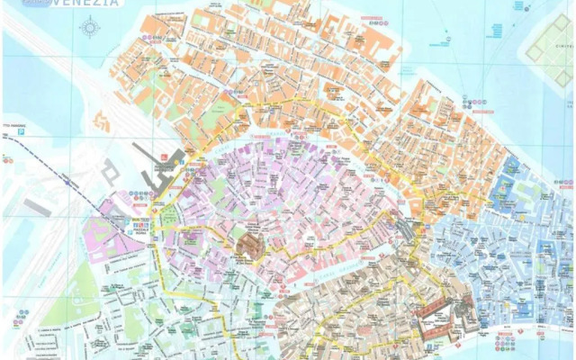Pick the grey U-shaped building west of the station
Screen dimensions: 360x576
point(110,171)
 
